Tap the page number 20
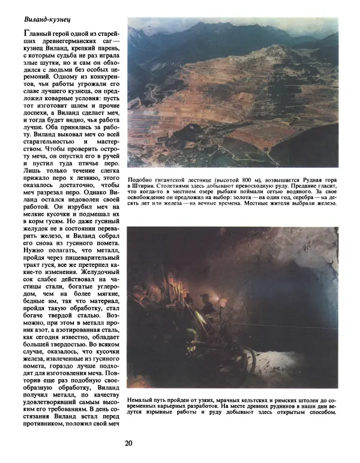coord(129,444)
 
